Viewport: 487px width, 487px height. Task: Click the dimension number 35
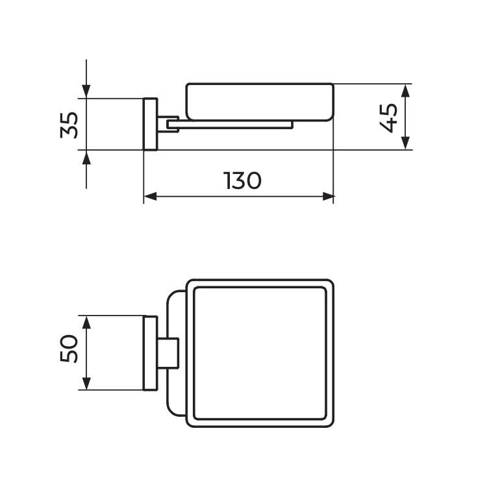pos(69,125)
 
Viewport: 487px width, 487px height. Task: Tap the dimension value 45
pos(388,118)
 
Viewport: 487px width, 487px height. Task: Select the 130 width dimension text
pos(242,181)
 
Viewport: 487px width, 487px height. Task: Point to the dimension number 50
pos(69,348)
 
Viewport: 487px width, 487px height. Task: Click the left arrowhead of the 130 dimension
pos(151,197)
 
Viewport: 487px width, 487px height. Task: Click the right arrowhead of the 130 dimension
pos(329,197)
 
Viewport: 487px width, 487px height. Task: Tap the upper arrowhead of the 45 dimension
pos(405,91)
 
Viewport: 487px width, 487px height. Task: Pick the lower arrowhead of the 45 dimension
pos(405,143)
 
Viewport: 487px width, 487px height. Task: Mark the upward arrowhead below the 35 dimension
pos(86,157)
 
